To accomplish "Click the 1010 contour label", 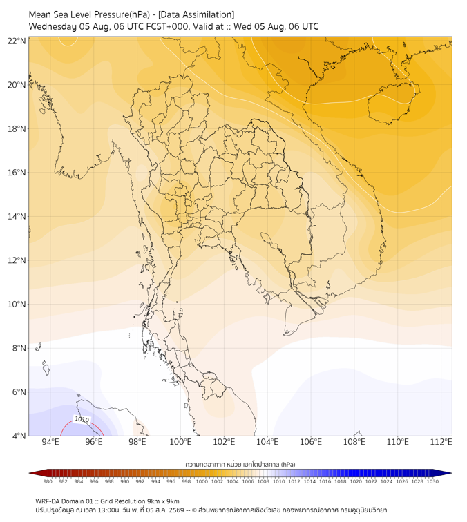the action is click(82, 419).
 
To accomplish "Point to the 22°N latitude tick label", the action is click(17, 41).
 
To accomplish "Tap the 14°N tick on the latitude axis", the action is click(17, 216).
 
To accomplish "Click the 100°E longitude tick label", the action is click(180, 442).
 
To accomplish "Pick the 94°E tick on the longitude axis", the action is click(50, 442).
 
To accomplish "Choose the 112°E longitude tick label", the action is click(441, 442).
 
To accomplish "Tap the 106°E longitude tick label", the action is click(311, 442).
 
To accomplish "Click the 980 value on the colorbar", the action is click(48, 481).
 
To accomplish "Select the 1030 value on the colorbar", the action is click(432, 481).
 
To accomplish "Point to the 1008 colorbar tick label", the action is click(263, 481).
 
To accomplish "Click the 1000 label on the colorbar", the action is click(202, 481).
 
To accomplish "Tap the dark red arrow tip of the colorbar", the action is click(30, 473).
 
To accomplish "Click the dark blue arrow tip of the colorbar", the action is click(450, 473).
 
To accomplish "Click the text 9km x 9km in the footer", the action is click(164, 501).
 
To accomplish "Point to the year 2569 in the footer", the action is click(177, 510).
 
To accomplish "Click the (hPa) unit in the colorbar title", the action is click(288, 464).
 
